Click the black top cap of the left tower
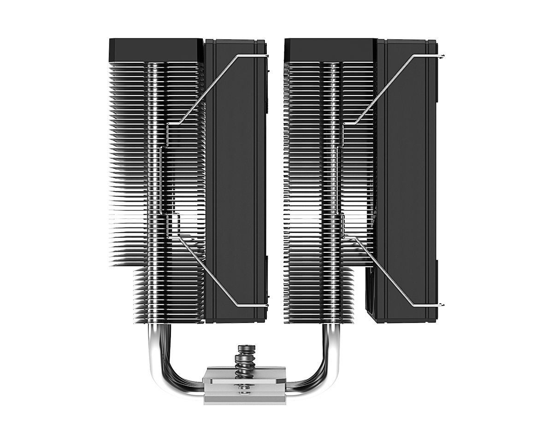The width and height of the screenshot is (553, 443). point(155,50)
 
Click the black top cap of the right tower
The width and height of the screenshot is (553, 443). point(330,50)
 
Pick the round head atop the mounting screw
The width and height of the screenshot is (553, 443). point(242,347)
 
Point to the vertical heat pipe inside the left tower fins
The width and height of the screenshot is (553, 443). point(154,185)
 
